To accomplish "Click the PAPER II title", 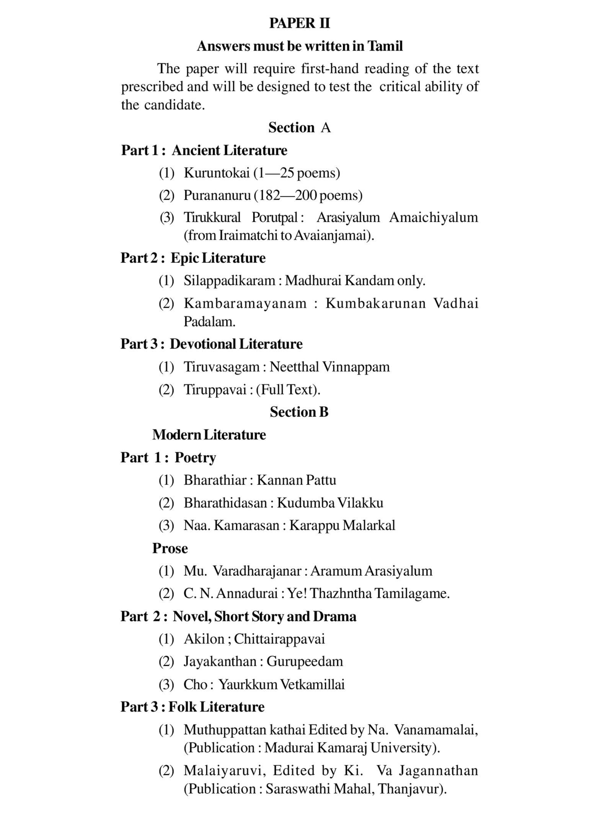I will [x=299, y=23].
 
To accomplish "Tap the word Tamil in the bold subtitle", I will [x=385, y=46].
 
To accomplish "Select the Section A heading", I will [x=299, y=127].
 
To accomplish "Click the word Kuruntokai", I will [x=217, y=173].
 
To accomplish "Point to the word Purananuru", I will [x=217, y=195].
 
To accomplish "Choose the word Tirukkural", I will [x=212, y=218].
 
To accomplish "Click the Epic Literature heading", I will [x=218, y=258].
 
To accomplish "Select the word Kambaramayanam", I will [x=245, y=303].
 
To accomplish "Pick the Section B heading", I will [x=299, y=412].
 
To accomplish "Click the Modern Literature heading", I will [x=209, y=435].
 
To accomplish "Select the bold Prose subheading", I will [x=170, y=548].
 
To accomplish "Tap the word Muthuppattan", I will [x=225, y=730].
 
